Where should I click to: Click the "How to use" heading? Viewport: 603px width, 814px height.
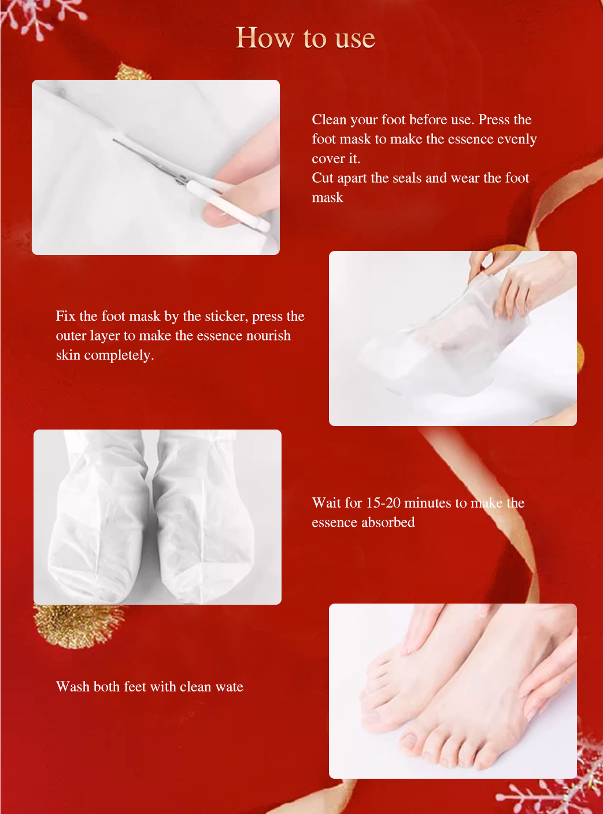point(305,38)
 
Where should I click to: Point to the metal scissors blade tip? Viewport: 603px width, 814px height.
point(114,140)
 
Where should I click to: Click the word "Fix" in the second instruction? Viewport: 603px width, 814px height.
point(65,316)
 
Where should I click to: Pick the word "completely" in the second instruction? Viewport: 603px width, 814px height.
point(119,355)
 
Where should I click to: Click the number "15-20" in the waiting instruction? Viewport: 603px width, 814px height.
point(383,503)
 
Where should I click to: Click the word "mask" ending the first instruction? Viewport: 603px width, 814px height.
point(327,198)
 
